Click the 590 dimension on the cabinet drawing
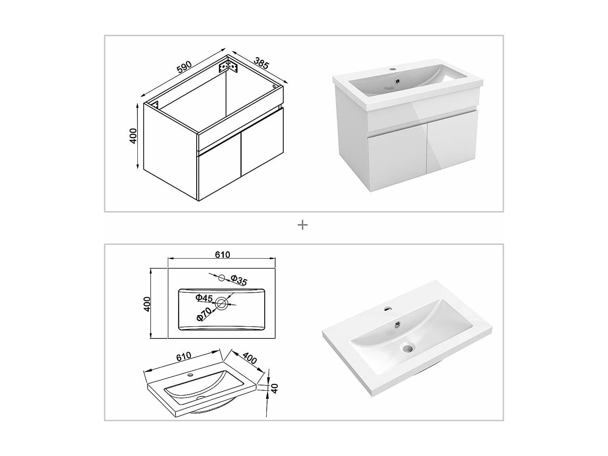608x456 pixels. point(184,67)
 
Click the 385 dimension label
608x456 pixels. point(261,63)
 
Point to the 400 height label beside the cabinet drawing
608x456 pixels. point(133,136)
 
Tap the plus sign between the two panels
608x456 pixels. point(302,225)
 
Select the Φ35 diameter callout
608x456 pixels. point(239,280)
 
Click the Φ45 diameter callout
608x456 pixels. point(204,298)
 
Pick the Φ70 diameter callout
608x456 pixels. point(204,314)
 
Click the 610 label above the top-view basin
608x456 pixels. point(223,255)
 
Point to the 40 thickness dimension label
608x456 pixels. point(274,388)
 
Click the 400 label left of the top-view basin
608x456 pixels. point(147,304)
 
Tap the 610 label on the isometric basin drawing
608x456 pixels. point(184,357)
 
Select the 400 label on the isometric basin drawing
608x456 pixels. point(250,358)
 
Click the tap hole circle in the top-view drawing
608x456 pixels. point(222,278)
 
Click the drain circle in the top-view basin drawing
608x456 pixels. point(221,304)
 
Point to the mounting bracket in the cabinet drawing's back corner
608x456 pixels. point(228,66)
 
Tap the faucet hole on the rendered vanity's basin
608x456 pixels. point(392,69)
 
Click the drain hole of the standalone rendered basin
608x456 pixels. point(407,347)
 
